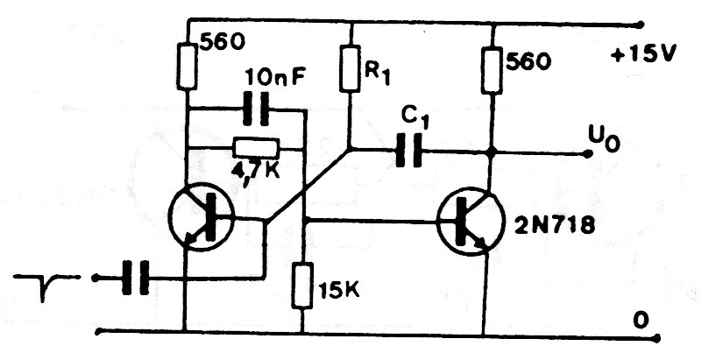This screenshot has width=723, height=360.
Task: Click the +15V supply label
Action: [644, 55]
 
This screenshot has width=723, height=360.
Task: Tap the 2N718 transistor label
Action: [554, 227]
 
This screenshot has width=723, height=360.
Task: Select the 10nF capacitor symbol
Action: [255, 109]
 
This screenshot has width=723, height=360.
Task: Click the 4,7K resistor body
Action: [256, 147]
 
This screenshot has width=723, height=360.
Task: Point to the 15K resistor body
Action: [302, 286]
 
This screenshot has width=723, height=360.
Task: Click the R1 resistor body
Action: [350, 68]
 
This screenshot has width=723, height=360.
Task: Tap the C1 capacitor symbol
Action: [408, 151]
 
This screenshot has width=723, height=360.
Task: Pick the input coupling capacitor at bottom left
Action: [136, 278]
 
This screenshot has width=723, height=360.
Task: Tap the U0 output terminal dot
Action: [587, 154]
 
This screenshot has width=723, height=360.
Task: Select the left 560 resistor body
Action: [187, 66]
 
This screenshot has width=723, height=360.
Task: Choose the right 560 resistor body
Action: [493, 71]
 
